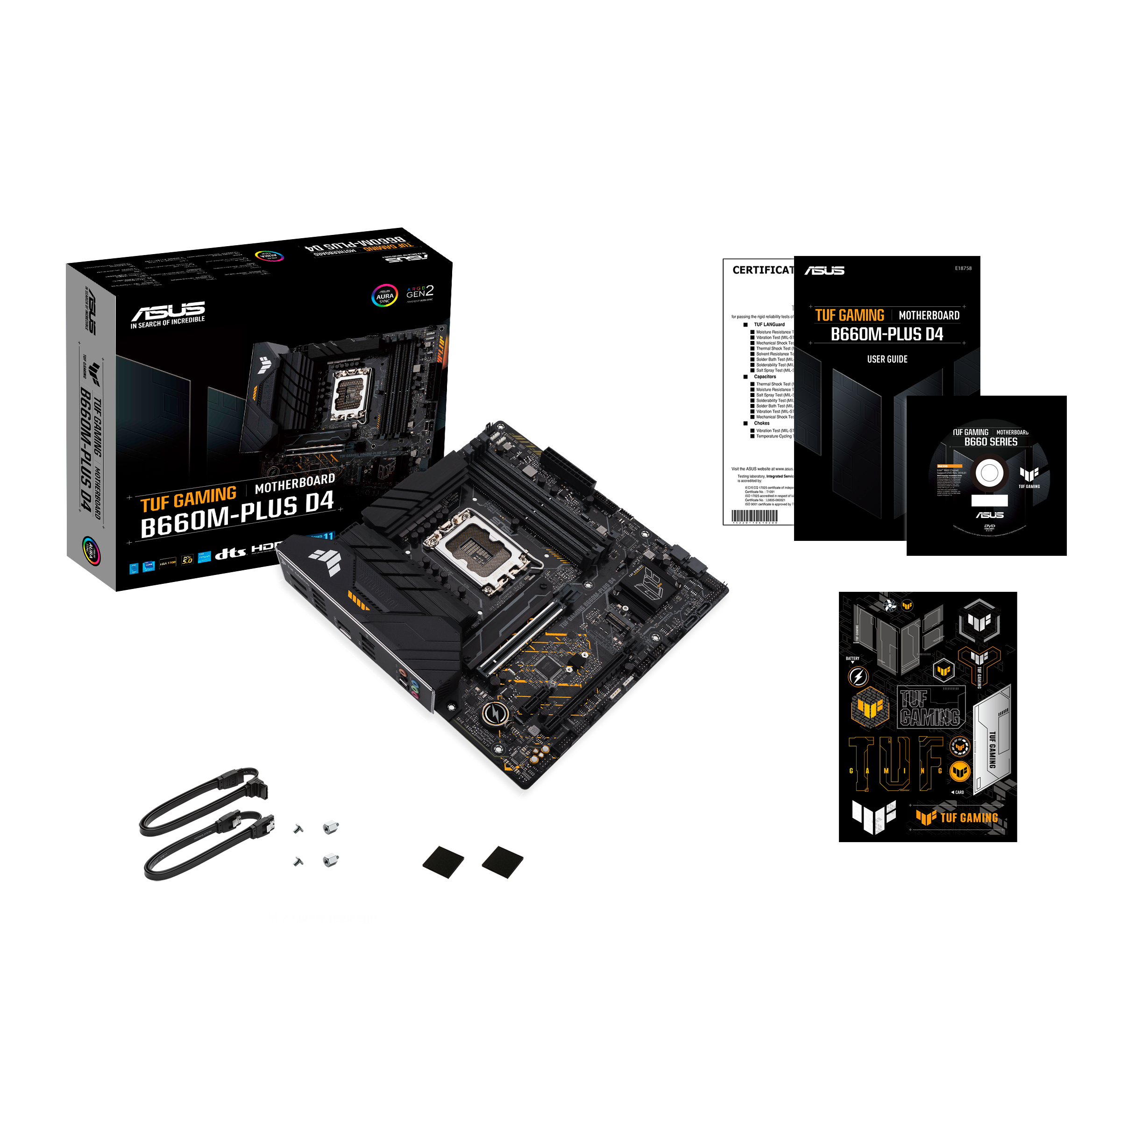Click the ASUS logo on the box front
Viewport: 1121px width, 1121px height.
point(168,311)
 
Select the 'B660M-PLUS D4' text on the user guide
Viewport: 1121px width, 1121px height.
point(887,334)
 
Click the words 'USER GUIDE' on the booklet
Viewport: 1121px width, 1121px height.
point(887,359)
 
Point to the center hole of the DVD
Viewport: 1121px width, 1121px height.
point(989,473)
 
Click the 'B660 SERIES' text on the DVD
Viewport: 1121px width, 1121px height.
point(990,441)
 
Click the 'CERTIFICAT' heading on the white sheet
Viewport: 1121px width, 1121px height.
point(762,270)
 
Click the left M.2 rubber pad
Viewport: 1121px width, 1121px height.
point(443,862)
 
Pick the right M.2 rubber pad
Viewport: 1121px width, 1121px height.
point(503,862)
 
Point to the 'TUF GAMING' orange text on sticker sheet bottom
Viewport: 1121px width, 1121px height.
point(968,817)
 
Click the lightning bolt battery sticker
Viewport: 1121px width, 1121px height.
point(858,676)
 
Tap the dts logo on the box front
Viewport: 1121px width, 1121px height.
point(230,553)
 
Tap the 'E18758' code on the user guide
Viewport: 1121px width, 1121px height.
point(963,268)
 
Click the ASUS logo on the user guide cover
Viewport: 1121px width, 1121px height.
point(824,270)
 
